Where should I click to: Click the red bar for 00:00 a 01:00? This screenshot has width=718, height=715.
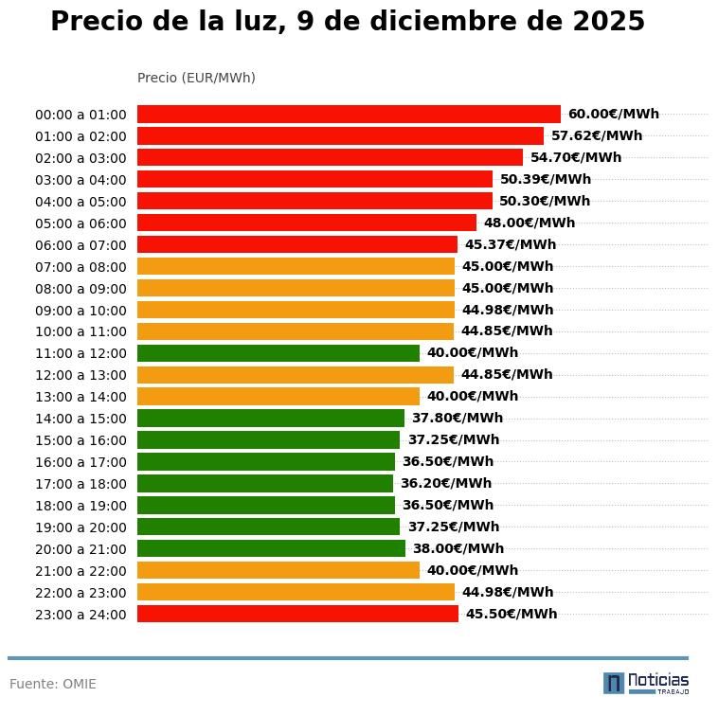pos(349,114)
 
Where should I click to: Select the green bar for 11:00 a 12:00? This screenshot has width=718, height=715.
pos(278,353)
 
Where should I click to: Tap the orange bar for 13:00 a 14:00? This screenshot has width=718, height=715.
pos(278,397)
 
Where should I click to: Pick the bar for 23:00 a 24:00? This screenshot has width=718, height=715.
pos(297,614)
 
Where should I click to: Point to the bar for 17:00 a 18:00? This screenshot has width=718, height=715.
pos(265,484)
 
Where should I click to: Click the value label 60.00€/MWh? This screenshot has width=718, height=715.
pos(613,115)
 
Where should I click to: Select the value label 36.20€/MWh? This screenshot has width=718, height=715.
pos(445,484)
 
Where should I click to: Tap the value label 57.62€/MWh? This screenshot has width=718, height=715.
pos(596,136)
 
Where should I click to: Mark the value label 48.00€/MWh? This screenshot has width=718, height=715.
pos(529,223)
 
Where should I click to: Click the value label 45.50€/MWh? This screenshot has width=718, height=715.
pos(511,614)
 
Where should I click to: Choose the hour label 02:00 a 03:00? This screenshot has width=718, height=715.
pos(81,158)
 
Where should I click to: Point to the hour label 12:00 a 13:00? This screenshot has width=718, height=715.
pos(81,375)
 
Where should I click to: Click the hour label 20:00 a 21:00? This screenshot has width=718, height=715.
pos(81,549)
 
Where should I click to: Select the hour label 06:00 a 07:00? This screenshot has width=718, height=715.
pos(81,245)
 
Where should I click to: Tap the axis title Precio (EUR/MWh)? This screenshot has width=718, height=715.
pos(196,78)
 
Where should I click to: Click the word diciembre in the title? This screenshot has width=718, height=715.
pos(444,22)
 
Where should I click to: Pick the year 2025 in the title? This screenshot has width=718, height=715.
pos(608,22)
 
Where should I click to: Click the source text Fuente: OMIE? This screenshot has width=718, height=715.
pos(53,684)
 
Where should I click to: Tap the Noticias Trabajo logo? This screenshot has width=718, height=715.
pos(646,683)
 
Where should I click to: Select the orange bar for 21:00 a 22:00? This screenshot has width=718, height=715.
pos(278,570)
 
